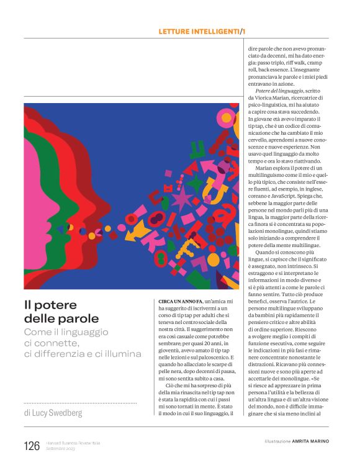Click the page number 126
[31, 446]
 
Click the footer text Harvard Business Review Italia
[73, 443]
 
